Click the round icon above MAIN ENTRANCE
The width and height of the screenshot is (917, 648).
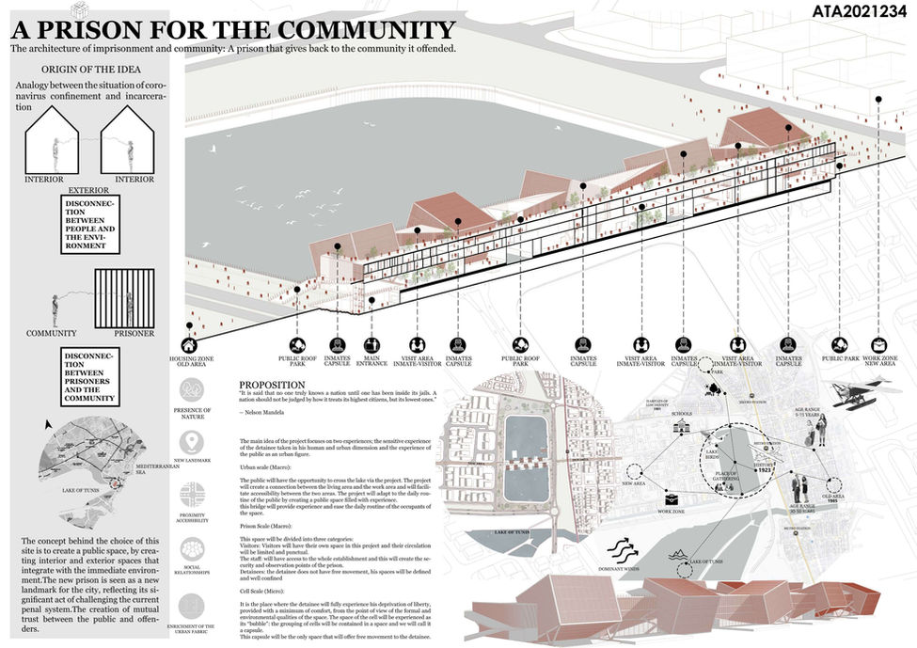(x=371, y=344)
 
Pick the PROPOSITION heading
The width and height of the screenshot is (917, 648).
(x=272, y=385)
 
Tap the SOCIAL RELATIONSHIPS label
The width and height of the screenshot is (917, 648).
(x=191, y=569)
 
